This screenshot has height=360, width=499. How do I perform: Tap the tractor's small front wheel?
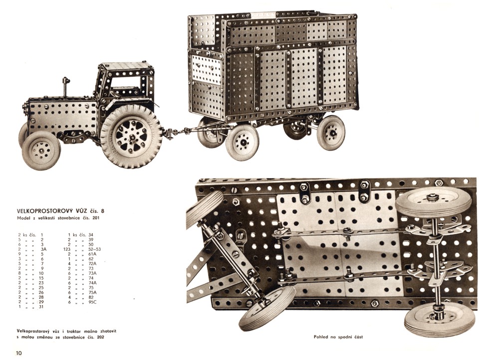pyautogui.click(x=41, y=150)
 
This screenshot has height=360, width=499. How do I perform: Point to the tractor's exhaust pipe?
pyautogui.click(x=66, y=86)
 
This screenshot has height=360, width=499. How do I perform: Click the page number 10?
pyautogui.click(x=19, y=353)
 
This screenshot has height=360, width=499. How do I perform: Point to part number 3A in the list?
pyautogui.click(x=43, y=249)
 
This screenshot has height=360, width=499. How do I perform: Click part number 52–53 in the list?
pyautogui.click(x=94, y=249)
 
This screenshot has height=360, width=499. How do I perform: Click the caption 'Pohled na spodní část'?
pyautogui.click(x=338, y=337)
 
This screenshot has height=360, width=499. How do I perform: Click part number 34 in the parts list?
pyautogui.click(x=91, y=235)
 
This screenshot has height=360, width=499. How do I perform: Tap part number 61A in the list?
pyautogui.click(x=92, y=254)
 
